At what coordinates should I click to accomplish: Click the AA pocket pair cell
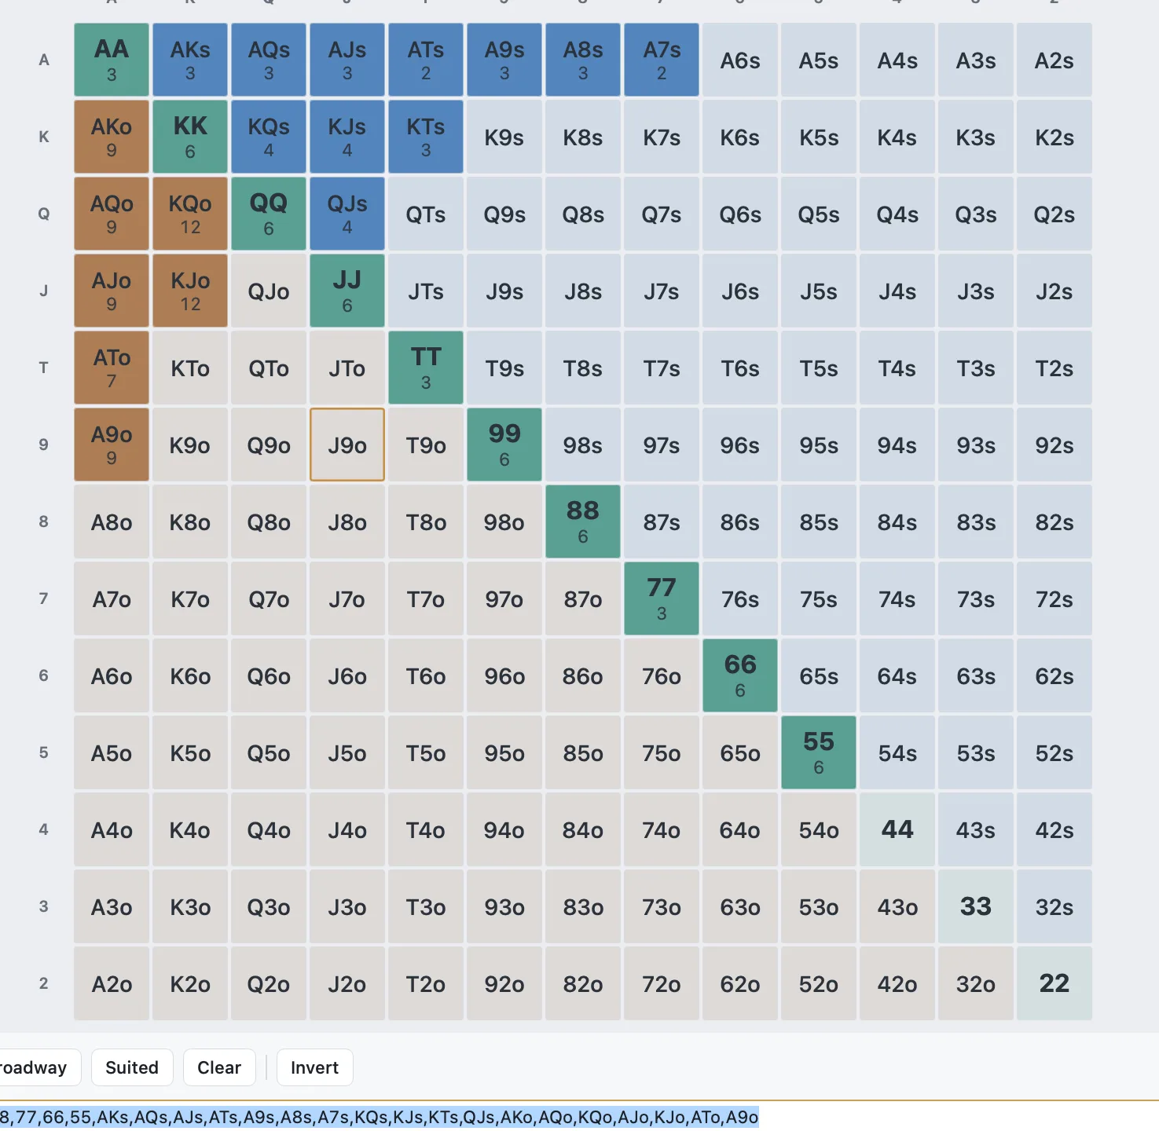[112, 60]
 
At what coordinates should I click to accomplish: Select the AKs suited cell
[190, 60]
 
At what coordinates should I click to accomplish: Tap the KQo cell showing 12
[190, 214]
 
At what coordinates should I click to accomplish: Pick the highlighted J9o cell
[347, 445]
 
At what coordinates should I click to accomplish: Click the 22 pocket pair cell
[1054, 983]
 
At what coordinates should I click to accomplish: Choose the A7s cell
[662, 60]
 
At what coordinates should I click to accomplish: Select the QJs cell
[347, 214]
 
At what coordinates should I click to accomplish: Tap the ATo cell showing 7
[112, 368]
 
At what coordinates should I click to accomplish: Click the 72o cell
[662, 983]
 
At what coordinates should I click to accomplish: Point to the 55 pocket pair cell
[819, 752]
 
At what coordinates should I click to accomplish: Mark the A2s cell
[1054, 60]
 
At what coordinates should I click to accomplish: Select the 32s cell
[1054, 906]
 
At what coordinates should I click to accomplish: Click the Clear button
[219, 1067]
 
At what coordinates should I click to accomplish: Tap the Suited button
[132, 1067]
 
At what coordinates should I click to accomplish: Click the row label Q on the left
[43, 214]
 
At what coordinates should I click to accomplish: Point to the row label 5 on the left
[43, 752]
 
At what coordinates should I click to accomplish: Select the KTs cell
[426, 137]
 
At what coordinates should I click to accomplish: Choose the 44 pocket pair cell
[897, 829]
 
